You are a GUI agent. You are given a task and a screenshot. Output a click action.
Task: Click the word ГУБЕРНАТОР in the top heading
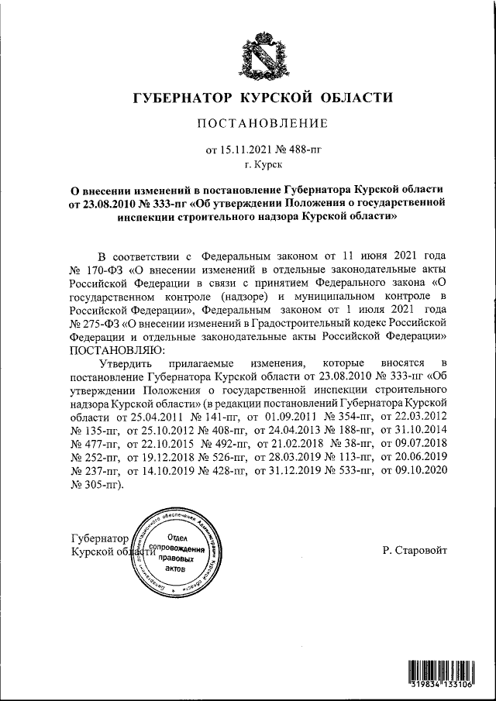tap(183, 98)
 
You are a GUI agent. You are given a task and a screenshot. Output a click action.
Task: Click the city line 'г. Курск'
tap(263, 164)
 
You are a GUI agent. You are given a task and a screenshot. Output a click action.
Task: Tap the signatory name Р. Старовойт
tap(415, 550)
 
